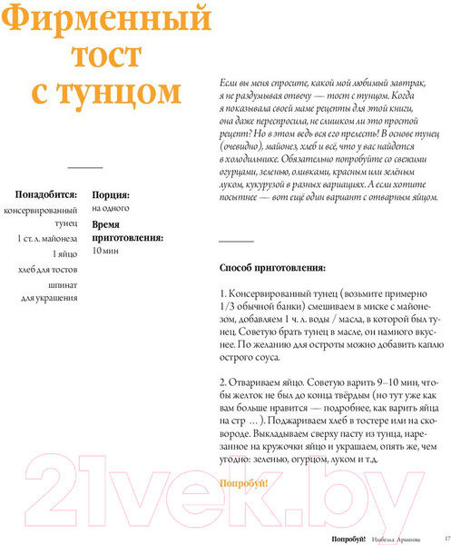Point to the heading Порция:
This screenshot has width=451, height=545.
tap(111, 194)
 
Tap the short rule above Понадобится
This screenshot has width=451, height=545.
tap(86, 169)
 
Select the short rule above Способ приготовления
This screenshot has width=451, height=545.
tap(237, 241)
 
